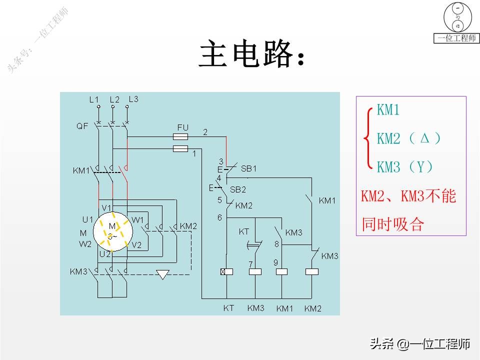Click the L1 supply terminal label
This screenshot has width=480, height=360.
coord(94,99)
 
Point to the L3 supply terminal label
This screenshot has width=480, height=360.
coord(133,99)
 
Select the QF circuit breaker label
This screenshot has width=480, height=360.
coord(82,126)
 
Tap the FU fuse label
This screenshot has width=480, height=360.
coord(183,127)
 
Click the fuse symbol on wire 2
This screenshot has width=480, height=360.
coord(180,136)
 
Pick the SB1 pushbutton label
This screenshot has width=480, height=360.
coord(248,168)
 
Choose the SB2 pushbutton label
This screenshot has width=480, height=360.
coord(238,189)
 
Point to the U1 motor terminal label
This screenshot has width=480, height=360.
coord(87,219)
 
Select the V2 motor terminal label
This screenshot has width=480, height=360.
coord(136,245)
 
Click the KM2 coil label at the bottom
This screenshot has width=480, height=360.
coord(312,308)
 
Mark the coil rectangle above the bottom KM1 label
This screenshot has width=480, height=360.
coord(282,271)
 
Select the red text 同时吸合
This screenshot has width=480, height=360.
coord(393,224)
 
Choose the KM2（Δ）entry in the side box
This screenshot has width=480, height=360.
coord(408,138)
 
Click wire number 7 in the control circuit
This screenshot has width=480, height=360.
coord(250,263)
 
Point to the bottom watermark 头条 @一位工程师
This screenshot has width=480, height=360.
coord(420,344)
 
